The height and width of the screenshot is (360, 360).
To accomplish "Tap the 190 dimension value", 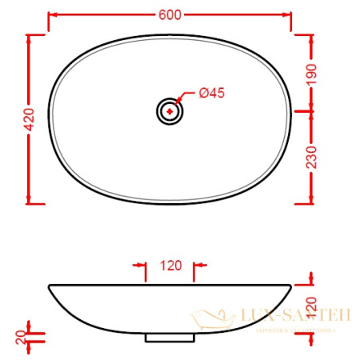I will [x=314, y=74].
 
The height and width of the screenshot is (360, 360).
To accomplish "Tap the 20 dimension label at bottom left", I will [x=17, y=335].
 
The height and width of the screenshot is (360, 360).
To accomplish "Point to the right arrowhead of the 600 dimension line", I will [x=288, y=14].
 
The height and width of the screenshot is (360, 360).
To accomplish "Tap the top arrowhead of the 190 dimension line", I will [x=310, y=38].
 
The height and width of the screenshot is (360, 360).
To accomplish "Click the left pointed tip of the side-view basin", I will [x=50, y=286].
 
